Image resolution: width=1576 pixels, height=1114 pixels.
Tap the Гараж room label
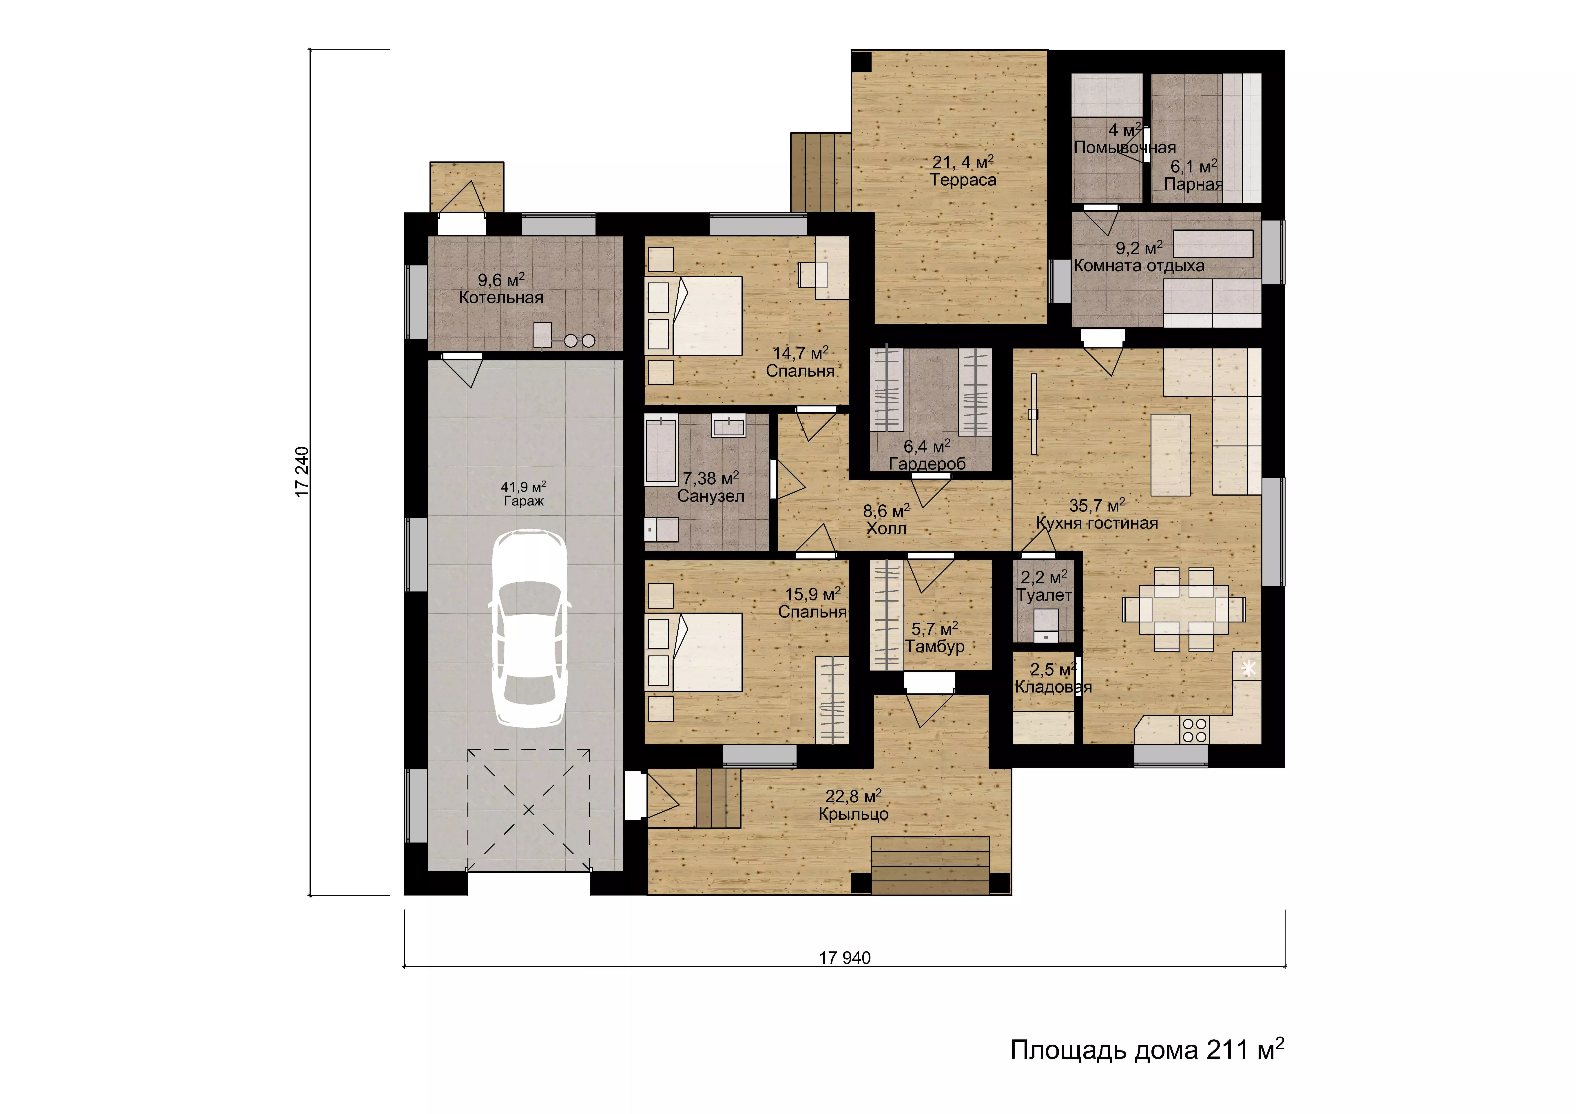524,501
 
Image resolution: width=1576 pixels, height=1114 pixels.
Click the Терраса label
963,180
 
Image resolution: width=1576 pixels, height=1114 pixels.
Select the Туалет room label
1044,595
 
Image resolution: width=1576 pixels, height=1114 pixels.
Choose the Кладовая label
1053,687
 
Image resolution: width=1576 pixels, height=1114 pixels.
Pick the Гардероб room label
927,464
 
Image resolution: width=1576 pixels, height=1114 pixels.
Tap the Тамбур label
935,646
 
